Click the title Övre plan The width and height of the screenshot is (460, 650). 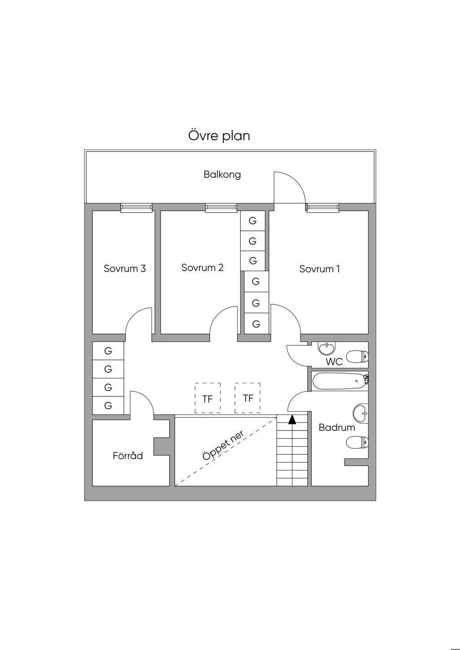point(219,136)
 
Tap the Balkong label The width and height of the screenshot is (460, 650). point(222,174)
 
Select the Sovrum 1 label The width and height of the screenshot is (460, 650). point(319,269)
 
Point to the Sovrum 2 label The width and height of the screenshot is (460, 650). point(202,268)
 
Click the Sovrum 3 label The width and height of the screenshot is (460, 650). point(124,269)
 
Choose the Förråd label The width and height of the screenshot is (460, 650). point(128,456)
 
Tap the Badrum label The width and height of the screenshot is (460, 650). point(336,427)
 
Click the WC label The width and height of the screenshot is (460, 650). point(334,362)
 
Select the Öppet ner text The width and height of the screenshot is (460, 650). point(223,446)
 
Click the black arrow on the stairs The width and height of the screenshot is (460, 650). point(292,420)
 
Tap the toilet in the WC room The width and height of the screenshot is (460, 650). point(359,357)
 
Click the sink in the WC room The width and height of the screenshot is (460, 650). point(327,348)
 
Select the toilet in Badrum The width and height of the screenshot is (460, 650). point(358,444)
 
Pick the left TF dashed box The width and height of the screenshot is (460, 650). point(208,398)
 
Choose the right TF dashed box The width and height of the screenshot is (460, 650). point(248,398)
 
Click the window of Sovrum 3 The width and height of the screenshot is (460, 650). point(137,207)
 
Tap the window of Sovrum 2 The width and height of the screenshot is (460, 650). point(221,207)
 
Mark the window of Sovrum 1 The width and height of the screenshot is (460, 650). point(322,207)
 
